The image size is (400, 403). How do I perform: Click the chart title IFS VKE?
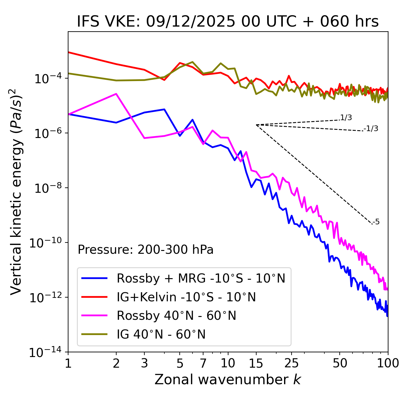(x=227, y=22)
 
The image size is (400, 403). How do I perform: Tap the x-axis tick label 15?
(x=256, y=363)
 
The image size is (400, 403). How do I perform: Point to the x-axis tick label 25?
(x=291, y=363)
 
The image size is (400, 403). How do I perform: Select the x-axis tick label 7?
(x=203, y=363)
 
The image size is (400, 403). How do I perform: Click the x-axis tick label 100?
(x=388, y=363)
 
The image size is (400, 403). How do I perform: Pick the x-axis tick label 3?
(x=144, y=363)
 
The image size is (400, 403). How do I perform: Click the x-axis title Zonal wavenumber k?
(x=227, y=380)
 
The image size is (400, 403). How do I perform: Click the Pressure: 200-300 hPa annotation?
(x=145, y=250)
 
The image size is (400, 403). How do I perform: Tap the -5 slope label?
(x=376, y=222)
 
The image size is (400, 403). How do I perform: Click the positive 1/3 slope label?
(x=346, y=118)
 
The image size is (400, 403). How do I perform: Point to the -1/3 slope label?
(x=371, y=128)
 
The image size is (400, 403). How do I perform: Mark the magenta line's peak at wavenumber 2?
(x=116, y=94)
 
